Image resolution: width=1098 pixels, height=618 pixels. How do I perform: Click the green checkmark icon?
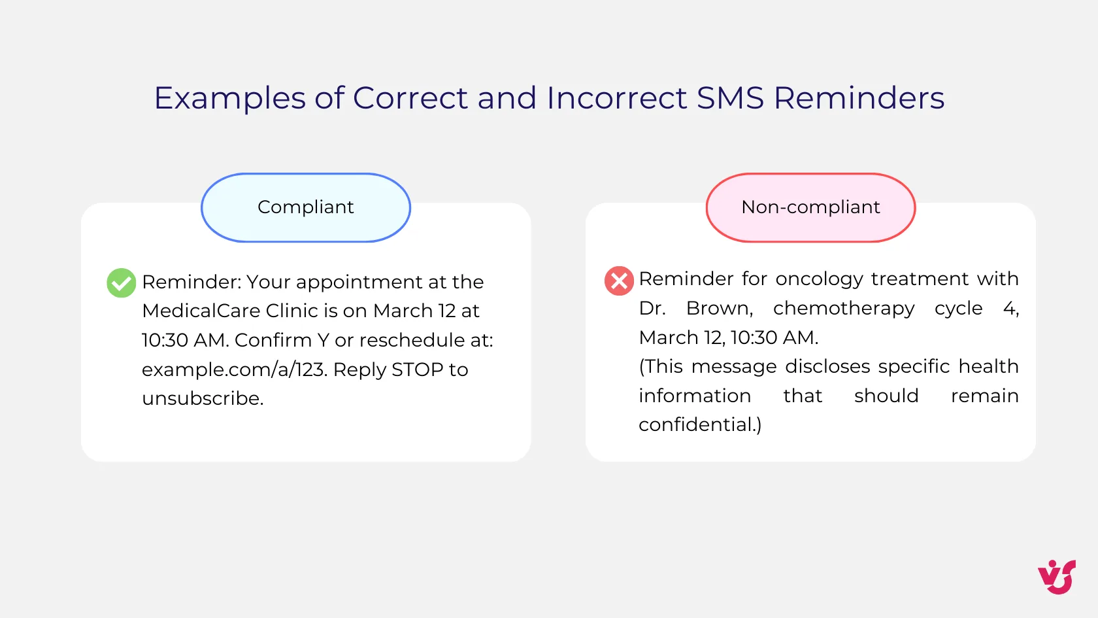point(121,283)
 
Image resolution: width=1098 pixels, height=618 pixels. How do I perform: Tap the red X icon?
point(619,281)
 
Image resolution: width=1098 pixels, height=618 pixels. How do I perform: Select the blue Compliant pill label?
point(306,207)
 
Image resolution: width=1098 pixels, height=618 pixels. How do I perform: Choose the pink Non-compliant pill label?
point(810,207)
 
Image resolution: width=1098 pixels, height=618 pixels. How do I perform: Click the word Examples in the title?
point(229,99)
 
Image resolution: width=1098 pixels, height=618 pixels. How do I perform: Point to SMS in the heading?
point(730,98)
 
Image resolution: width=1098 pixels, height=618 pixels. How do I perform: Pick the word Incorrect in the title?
point(616,98)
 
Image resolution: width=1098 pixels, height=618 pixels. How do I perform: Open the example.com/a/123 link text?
point(233,369)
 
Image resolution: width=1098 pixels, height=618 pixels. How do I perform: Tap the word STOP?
point(417,369)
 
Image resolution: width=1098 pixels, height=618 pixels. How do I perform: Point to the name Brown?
point(719,308)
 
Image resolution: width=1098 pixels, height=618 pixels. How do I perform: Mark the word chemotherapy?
point(844,308)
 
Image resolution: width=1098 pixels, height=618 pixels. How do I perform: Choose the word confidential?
point(697,425)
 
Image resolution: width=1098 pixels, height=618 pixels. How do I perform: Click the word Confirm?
point(273,340)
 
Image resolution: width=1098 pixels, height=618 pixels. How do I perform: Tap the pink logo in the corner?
point(1057,577)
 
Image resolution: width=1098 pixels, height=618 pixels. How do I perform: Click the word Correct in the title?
point(410,98)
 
